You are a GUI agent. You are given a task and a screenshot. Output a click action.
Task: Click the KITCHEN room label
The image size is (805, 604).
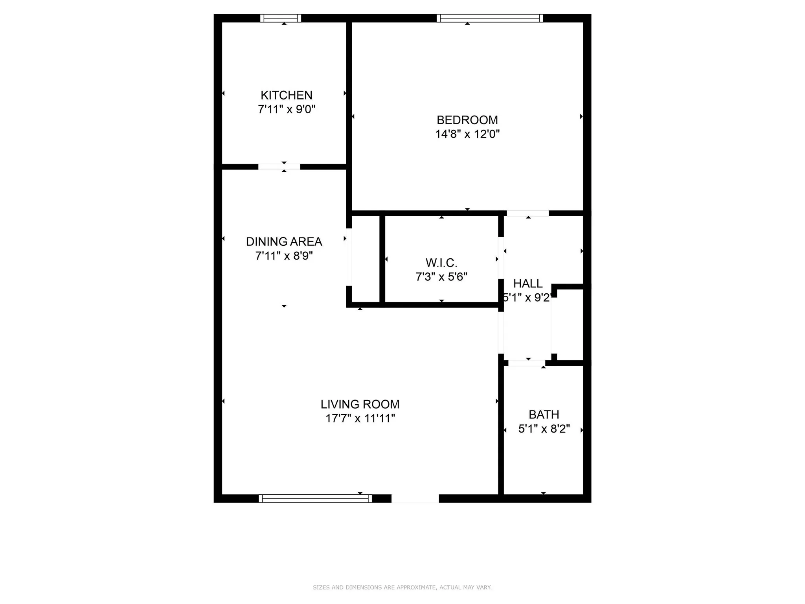click(286, 95)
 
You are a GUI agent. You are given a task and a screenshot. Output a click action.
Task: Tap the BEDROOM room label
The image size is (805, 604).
click(467, 120)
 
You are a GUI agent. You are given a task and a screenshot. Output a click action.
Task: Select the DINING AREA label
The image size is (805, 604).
click(284, 241)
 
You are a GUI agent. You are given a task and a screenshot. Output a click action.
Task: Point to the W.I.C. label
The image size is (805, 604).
click(441, 263)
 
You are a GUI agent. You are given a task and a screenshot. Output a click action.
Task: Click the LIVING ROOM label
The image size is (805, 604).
click(360, 404)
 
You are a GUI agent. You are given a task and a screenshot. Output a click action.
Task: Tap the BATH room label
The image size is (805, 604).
click(544, 414)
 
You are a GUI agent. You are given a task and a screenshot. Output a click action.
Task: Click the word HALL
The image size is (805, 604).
click(527, 284)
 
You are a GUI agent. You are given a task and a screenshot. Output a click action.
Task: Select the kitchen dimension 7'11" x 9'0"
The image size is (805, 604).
click(286, 109)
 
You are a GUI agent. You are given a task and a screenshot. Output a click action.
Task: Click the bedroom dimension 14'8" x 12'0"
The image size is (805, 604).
click(467, 134)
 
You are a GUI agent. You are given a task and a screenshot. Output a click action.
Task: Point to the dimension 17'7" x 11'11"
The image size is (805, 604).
click(360, 418)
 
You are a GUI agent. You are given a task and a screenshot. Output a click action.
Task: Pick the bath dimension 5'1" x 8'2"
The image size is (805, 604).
click(544, 429)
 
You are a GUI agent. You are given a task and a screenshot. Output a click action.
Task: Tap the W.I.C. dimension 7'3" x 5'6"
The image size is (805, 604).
click(441, 277)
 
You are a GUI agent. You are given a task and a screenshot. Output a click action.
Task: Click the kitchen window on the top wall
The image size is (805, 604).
click(281, 18)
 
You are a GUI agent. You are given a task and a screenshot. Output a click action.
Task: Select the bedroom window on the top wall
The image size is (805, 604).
click(489, 18)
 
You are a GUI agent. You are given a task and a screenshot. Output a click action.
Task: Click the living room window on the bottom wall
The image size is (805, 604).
click(315, 499)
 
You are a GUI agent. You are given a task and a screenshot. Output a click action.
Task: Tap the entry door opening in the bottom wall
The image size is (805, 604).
click(415, 499)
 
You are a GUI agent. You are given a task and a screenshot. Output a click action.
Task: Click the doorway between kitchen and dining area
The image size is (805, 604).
click(279, 167)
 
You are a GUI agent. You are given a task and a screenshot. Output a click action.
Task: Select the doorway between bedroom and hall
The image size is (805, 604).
click(527, 213)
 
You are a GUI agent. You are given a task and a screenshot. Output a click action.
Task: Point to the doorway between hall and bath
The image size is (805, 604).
click(527, 363)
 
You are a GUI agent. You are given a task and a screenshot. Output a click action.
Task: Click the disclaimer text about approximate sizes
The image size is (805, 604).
click(402, 587)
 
